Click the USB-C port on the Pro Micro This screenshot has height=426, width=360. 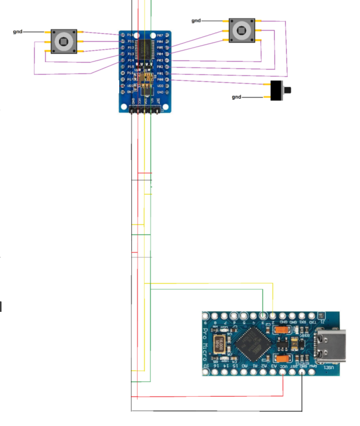click(330, 344)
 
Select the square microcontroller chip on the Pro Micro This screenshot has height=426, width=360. click(251, 344)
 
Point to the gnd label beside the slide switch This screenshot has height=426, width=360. click(237, 97)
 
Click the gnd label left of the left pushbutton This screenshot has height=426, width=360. click(18, 32)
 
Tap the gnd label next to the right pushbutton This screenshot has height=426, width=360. click(196, 21)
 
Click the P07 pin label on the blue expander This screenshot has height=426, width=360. click(160, 35)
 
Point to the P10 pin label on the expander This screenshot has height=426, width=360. click(130, 35)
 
